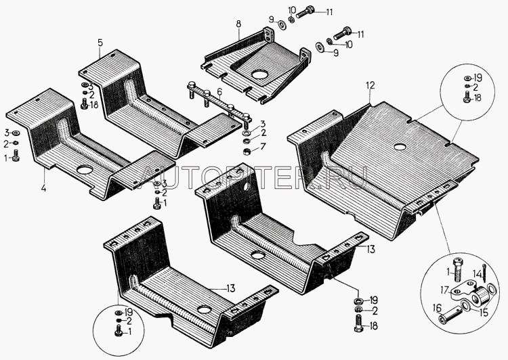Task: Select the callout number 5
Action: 100,43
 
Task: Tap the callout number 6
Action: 219,92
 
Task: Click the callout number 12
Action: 370,85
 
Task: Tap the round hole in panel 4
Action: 86,170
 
